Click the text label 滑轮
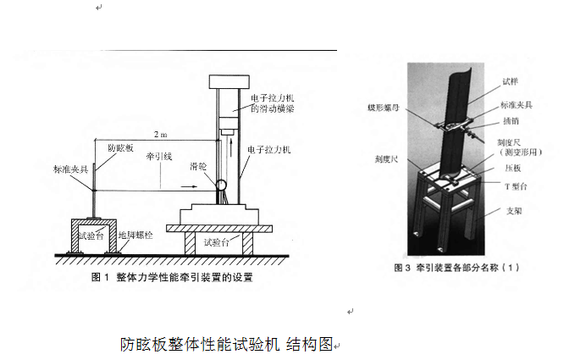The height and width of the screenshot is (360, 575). tap(199, 169)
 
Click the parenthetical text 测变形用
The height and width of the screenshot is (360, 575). tap(520, 155)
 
